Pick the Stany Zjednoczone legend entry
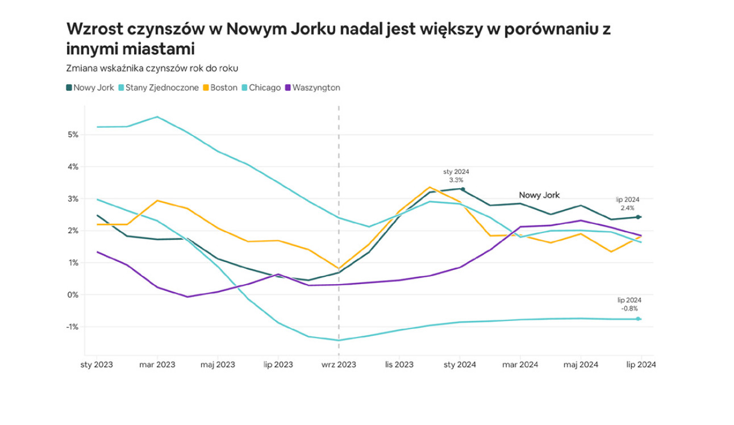[x=159, y=88]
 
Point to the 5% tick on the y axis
[x=73, y=135]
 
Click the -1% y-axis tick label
[x=72, y=327]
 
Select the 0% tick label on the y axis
[x=73, y=295]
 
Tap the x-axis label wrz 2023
[x=339, y=365]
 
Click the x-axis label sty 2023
[x=96, y=365]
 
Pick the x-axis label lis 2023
[x=399, y=365]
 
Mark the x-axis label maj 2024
[x=581, y=365]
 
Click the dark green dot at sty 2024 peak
[x=463, y=189]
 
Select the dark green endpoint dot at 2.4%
[x=639, y=217]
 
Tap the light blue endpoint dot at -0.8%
[x=639, y=319]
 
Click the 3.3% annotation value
[x=457, y=180]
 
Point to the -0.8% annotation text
[x=629, y=309]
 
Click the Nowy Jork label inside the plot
[x=539, y=195]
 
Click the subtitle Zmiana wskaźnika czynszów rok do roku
[x=152, y=68]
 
